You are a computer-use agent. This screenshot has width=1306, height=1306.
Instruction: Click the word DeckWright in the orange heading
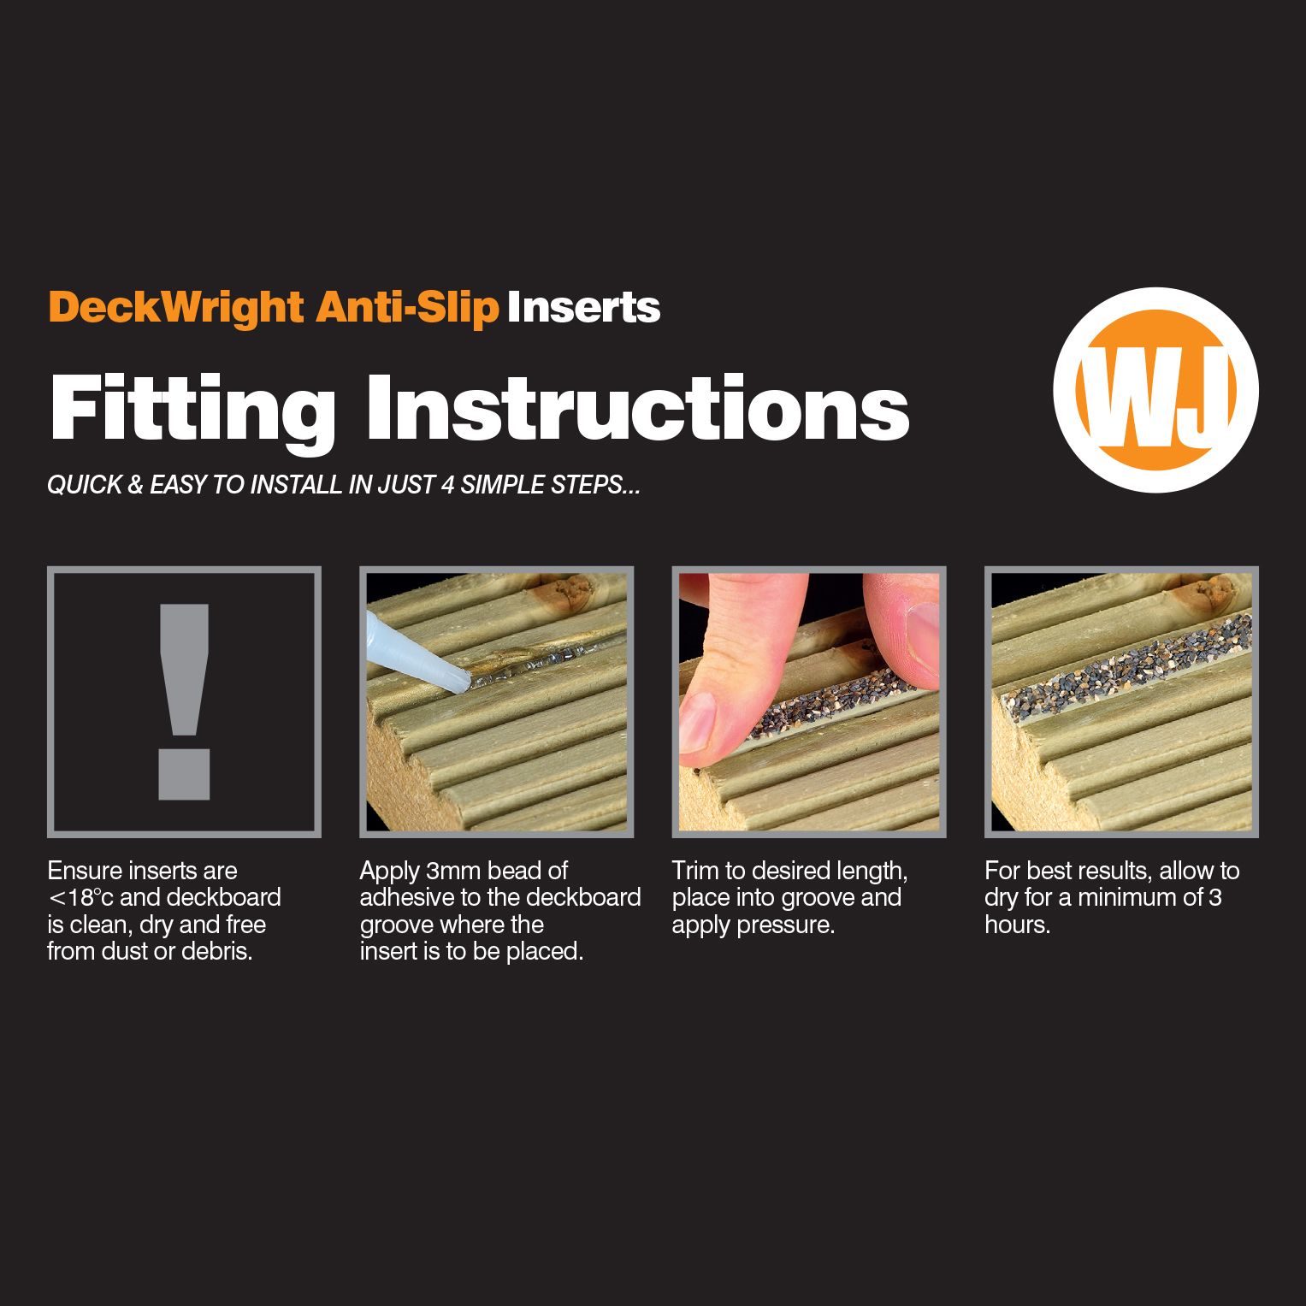click(x=175, y=307)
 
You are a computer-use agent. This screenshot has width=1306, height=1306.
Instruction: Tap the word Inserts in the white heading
click(x=583, y=307)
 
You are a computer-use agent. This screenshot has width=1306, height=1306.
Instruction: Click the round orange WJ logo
click(x=1155, y=390)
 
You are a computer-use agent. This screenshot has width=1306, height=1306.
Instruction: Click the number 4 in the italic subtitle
click(x=446, y=485)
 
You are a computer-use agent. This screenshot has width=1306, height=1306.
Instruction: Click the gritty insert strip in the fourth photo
click(x=1112, y=667)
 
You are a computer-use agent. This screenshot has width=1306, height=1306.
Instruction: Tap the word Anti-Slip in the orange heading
click(x=407, y=307)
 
